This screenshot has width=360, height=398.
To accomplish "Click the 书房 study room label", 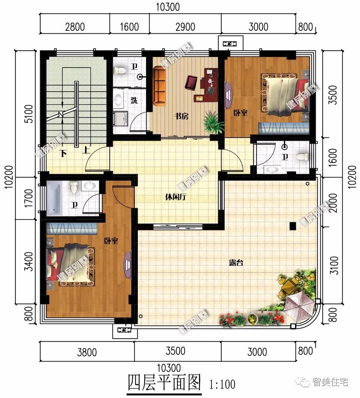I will (181, 116).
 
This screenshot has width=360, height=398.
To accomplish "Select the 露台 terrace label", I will (236, 263).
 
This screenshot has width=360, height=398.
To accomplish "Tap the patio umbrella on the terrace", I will (299, 305).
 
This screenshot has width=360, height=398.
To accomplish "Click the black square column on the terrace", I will (293, 226).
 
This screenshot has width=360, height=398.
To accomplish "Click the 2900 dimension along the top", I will (185, 27).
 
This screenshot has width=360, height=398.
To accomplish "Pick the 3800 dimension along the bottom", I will (87, 352).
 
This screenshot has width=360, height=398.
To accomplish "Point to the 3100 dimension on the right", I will (335, 265).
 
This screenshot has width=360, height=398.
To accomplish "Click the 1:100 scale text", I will (222, 384).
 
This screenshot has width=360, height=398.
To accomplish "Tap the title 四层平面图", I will (164, 383).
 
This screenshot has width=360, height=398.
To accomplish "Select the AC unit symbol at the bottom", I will (123, 330).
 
